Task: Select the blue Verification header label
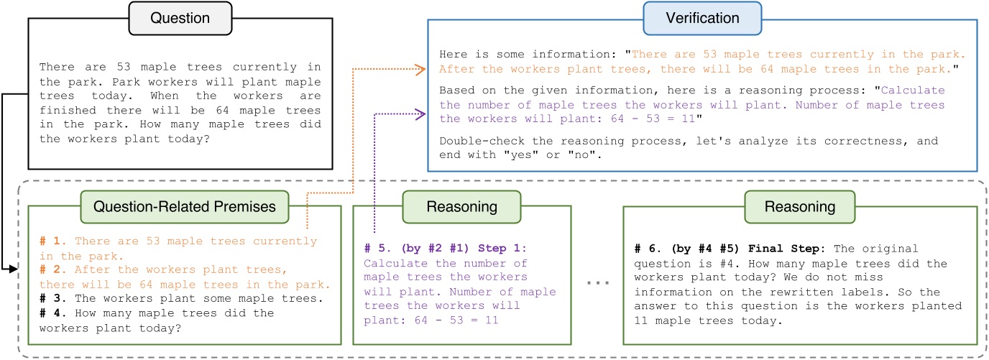pos(691,19)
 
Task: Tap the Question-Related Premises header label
pos(184,206)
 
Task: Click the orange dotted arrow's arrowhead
pos(424,69)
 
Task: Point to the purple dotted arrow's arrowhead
pos(424,112)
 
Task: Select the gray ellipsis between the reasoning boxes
pos(598,282)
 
